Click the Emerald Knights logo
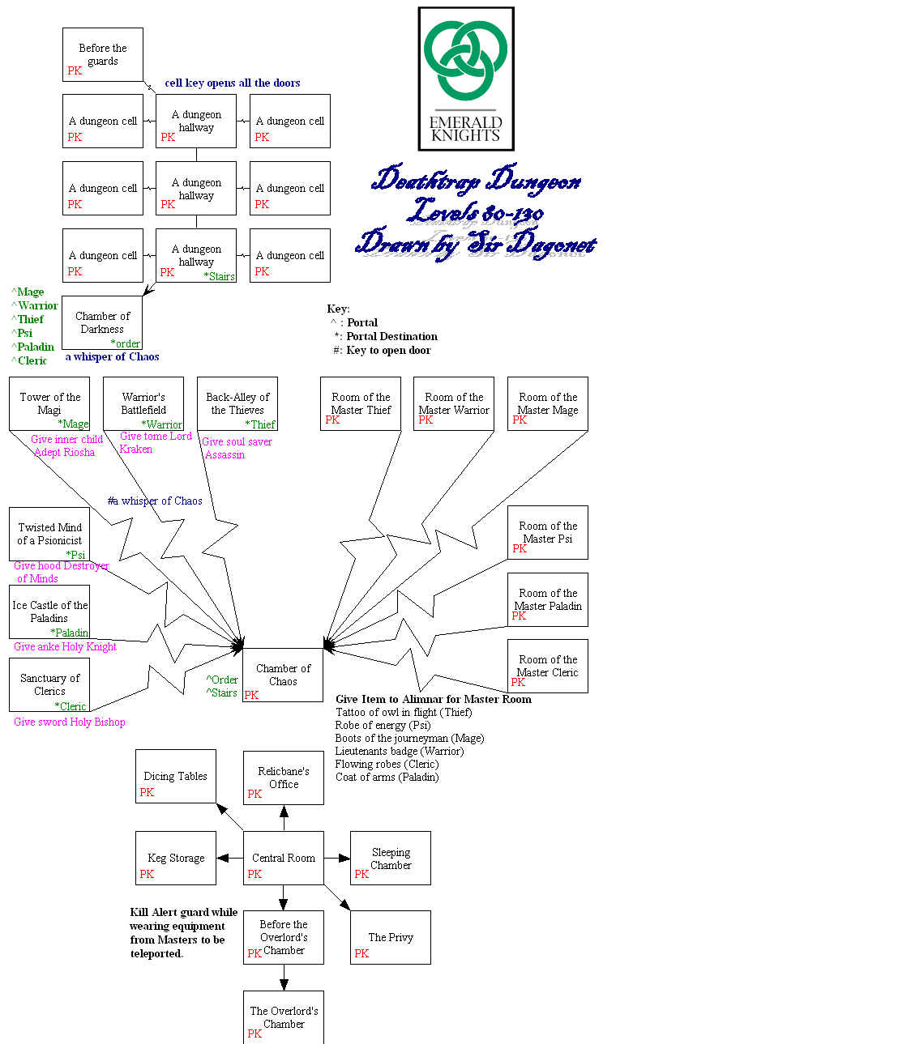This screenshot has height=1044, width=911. coord(466,79)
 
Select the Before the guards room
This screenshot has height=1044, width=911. coord(103,54)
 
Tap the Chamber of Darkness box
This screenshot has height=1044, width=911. coord(102,322)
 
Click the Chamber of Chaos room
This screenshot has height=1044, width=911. coord(283,675)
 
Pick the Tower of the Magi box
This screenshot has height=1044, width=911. coord(49,403)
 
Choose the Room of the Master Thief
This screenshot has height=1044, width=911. coord(361,403)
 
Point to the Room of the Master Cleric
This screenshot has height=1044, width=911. coord(548,666)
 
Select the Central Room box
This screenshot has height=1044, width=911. coord(284,858)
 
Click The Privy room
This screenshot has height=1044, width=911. coord(391,937)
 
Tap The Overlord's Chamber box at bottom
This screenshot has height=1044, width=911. coord(284,1017)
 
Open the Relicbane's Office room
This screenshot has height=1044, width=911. coord(284,778)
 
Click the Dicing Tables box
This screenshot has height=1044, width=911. coord(176,776)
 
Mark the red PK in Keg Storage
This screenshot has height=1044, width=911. coord(147,874)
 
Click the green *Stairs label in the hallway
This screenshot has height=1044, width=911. coord(220,276)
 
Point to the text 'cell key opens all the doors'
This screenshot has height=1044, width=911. coord(233,83)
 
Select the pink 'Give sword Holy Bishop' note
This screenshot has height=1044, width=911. coord(70,722)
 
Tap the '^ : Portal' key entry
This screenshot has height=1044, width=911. coord(354,322)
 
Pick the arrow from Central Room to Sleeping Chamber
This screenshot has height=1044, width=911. coord(337,858)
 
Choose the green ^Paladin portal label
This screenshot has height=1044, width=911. coord(33,347)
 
